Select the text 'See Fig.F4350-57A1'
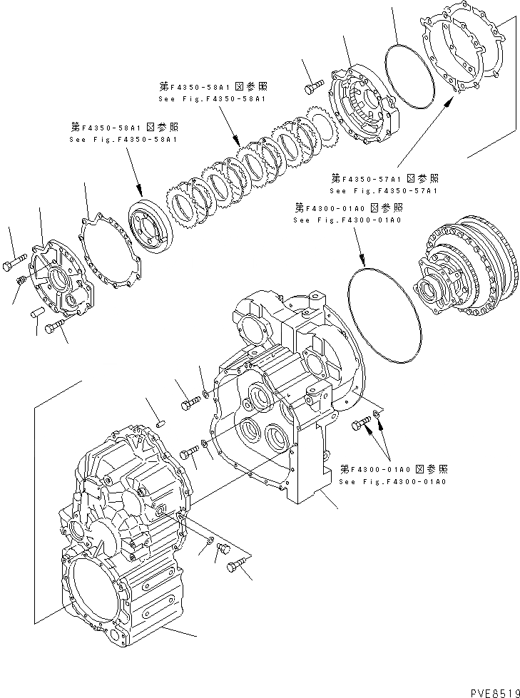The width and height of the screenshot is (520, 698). click(383, 191)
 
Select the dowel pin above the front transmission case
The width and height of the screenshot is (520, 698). click(160, 422)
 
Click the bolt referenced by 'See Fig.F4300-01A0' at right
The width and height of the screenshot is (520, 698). click(361, 426)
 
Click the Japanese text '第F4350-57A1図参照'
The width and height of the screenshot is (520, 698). click(384, 178)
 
